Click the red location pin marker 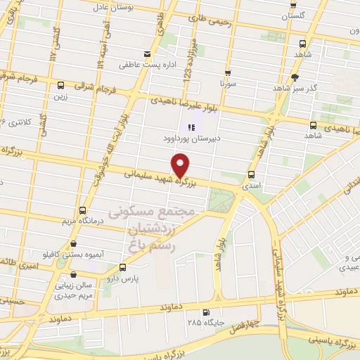tap(181, 165)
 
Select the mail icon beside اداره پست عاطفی tap(146, 55)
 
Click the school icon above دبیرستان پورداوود tap(189, 127)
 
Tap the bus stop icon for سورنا tap(228, 72)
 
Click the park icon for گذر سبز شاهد tap(295, 77)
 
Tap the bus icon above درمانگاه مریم tap(84, 210)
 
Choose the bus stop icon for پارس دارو tap(123, 267)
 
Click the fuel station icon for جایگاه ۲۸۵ tap(205, 313)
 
